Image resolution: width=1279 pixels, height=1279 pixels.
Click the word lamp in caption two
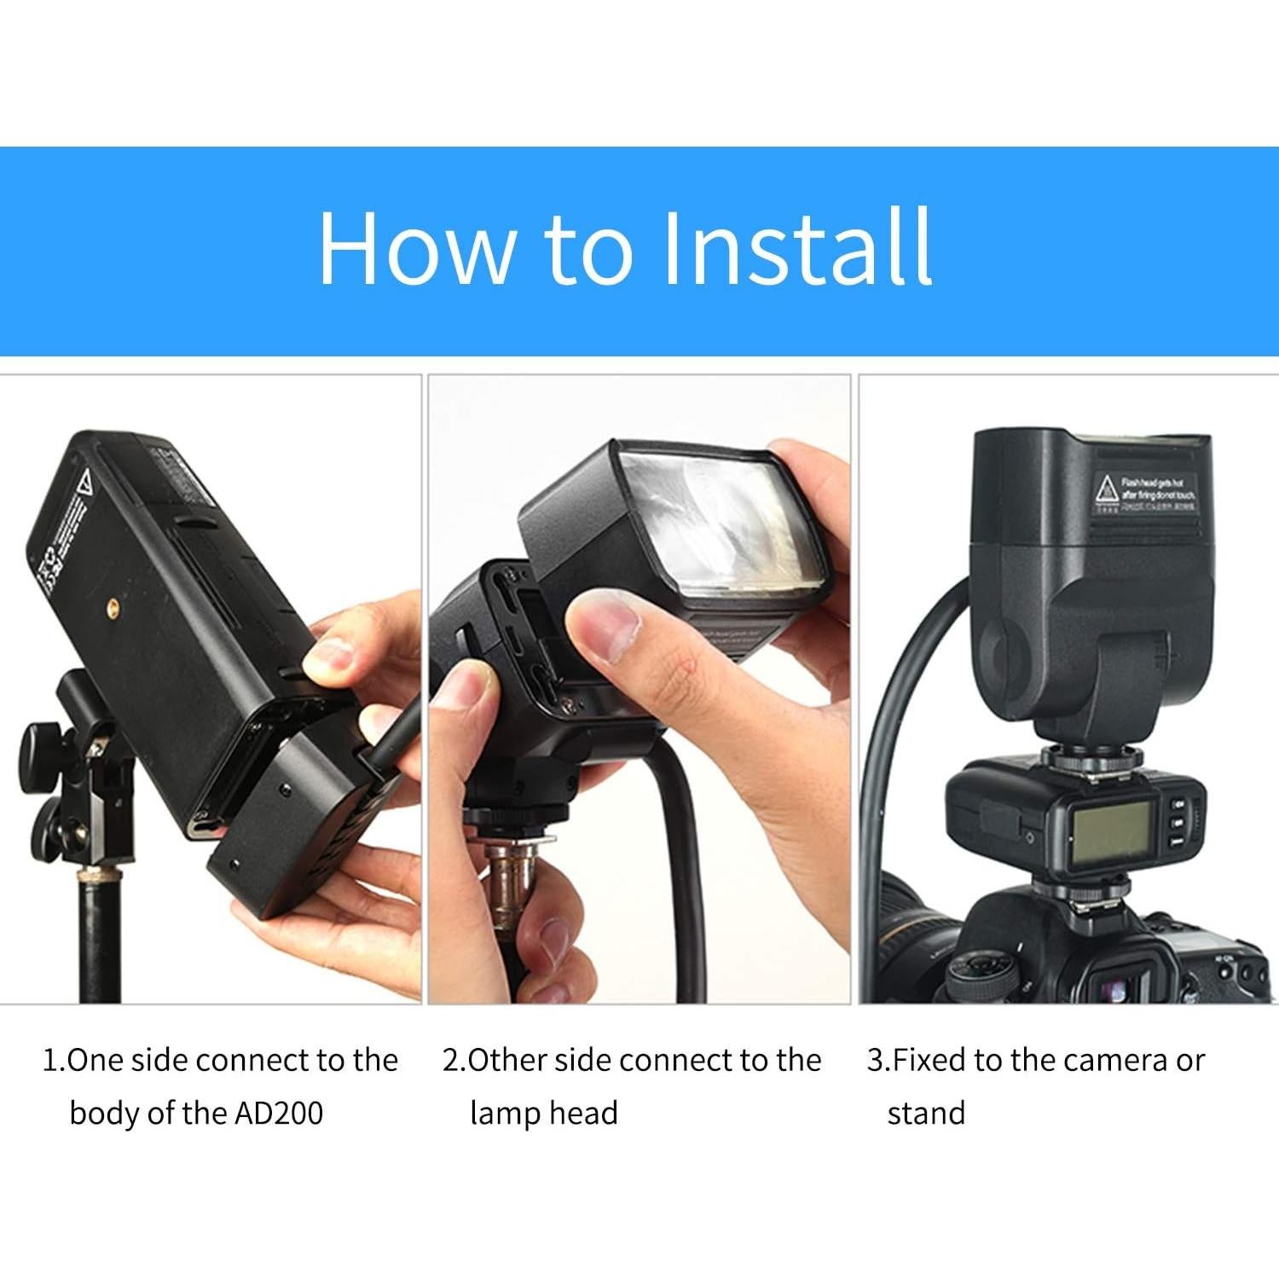(x=504, y=1114)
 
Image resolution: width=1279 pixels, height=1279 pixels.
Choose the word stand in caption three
(x=926, y=1114)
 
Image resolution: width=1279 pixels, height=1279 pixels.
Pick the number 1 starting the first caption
(x=50, y=1061)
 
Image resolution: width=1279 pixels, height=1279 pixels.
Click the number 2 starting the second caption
(x=451, y=1061)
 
